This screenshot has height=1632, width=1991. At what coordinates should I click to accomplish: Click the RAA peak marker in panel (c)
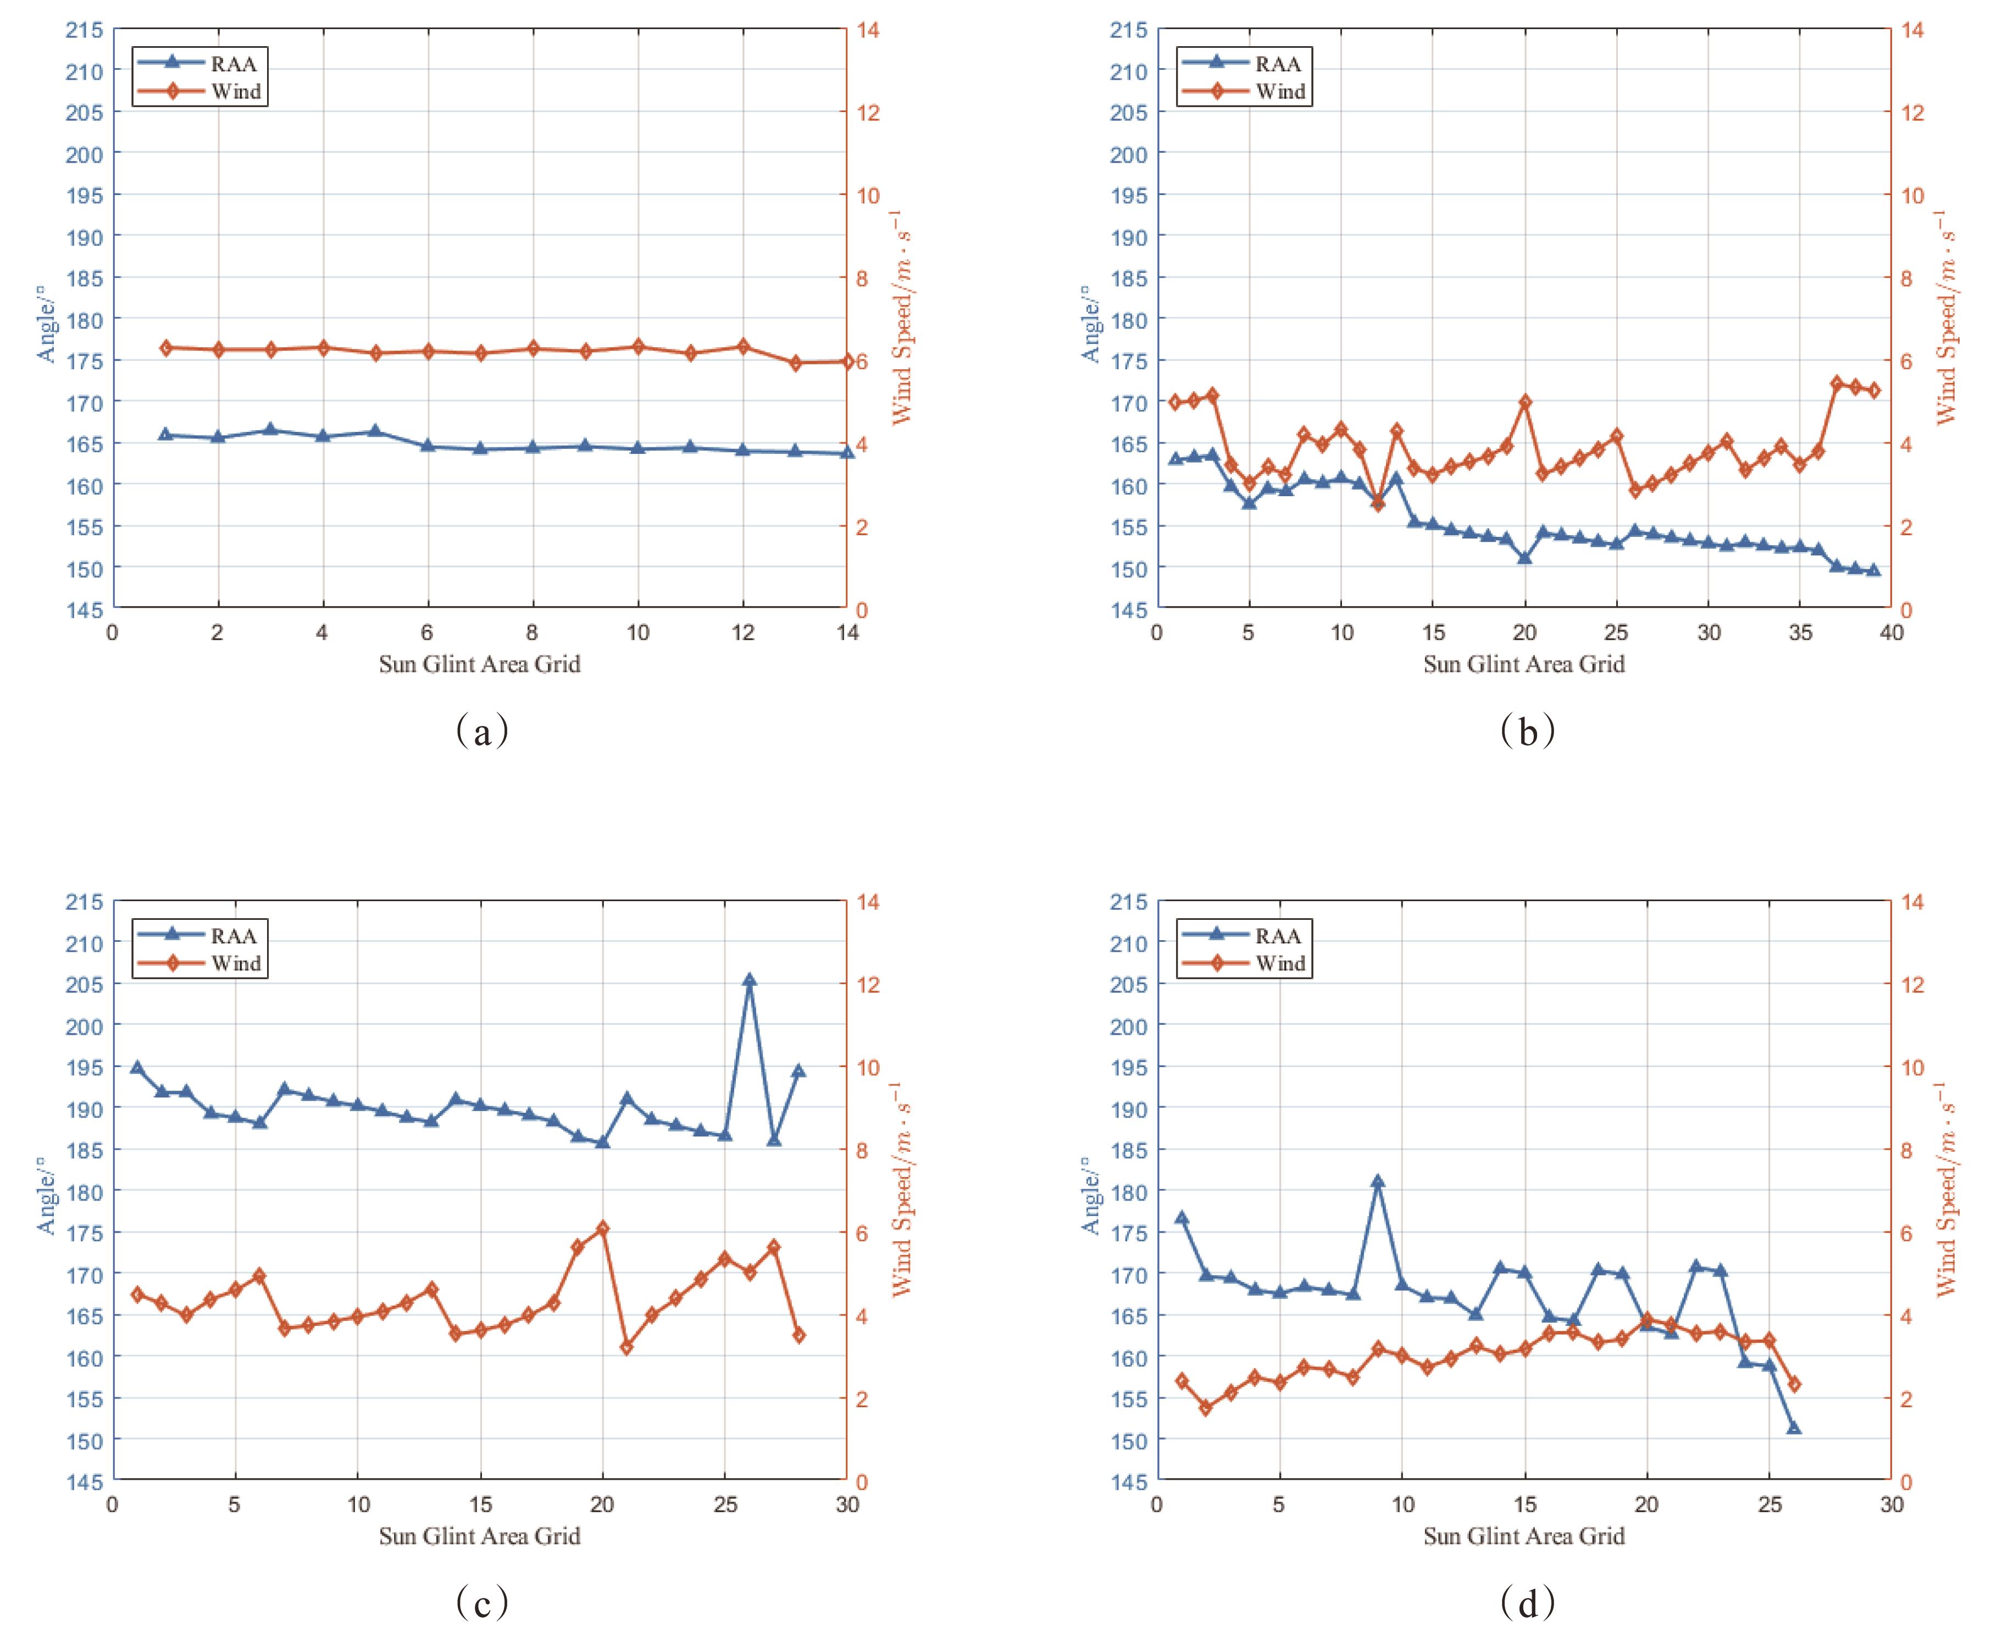(749, 980)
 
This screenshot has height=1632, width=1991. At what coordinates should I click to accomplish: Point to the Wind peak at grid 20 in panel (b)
(1525, 402)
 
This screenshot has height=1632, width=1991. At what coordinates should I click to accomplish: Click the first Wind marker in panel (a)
(165, 348)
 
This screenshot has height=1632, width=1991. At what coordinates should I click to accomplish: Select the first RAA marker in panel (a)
(165, 434)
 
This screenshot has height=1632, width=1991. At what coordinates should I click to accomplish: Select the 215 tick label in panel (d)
(1128, 902)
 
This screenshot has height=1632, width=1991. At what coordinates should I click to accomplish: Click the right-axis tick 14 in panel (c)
(868, 902)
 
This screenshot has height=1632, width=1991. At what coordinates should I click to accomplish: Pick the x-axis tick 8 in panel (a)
(532, 632)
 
